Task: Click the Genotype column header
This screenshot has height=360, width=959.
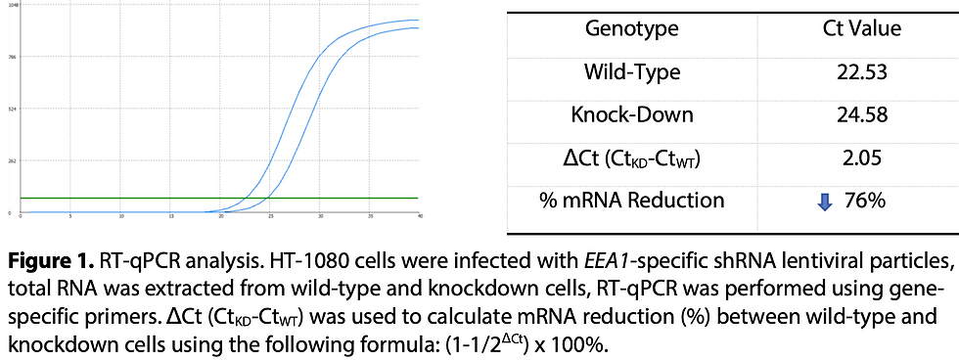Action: pos(631,29)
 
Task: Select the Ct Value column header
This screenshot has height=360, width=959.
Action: pos(861,29)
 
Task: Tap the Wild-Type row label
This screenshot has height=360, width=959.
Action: pos(631,72)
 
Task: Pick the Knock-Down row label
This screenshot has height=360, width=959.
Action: pos(631,115)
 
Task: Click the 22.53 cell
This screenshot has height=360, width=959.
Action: pos(861,72)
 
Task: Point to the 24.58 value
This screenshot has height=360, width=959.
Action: pos(861,115)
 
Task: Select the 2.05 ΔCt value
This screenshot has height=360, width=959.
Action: pos(861,158)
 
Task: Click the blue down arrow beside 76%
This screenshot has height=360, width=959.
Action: pos(824,202)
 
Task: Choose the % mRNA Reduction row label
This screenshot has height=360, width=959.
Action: pos(632,202)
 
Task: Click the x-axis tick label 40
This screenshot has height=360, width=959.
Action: pos(419,216)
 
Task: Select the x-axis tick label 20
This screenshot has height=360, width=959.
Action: pos(220,216)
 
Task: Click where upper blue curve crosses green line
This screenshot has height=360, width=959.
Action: pos(245,198)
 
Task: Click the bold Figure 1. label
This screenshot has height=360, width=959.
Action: pos(53,262)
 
